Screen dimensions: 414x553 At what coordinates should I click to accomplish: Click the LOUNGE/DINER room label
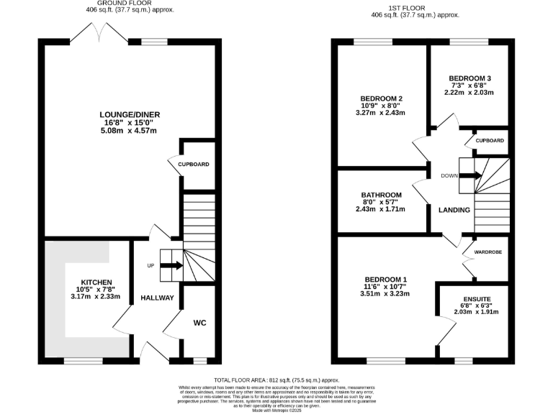[130, 114]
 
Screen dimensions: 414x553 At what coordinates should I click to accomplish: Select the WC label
[199, 323]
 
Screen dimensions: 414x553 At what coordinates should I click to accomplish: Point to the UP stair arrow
[170, 266]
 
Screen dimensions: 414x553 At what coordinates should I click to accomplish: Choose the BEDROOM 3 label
[469, 78]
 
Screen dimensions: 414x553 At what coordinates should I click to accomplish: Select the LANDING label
[454, 210]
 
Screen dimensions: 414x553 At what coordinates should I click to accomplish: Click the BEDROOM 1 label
[385, 280]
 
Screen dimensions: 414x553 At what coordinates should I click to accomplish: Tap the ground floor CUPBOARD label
[194, 165]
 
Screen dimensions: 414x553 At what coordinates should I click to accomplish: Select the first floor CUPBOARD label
[490, 141]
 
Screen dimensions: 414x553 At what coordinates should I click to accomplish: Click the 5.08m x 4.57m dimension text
[130, 130]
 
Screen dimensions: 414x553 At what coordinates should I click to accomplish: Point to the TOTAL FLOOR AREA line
[276, 379]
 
